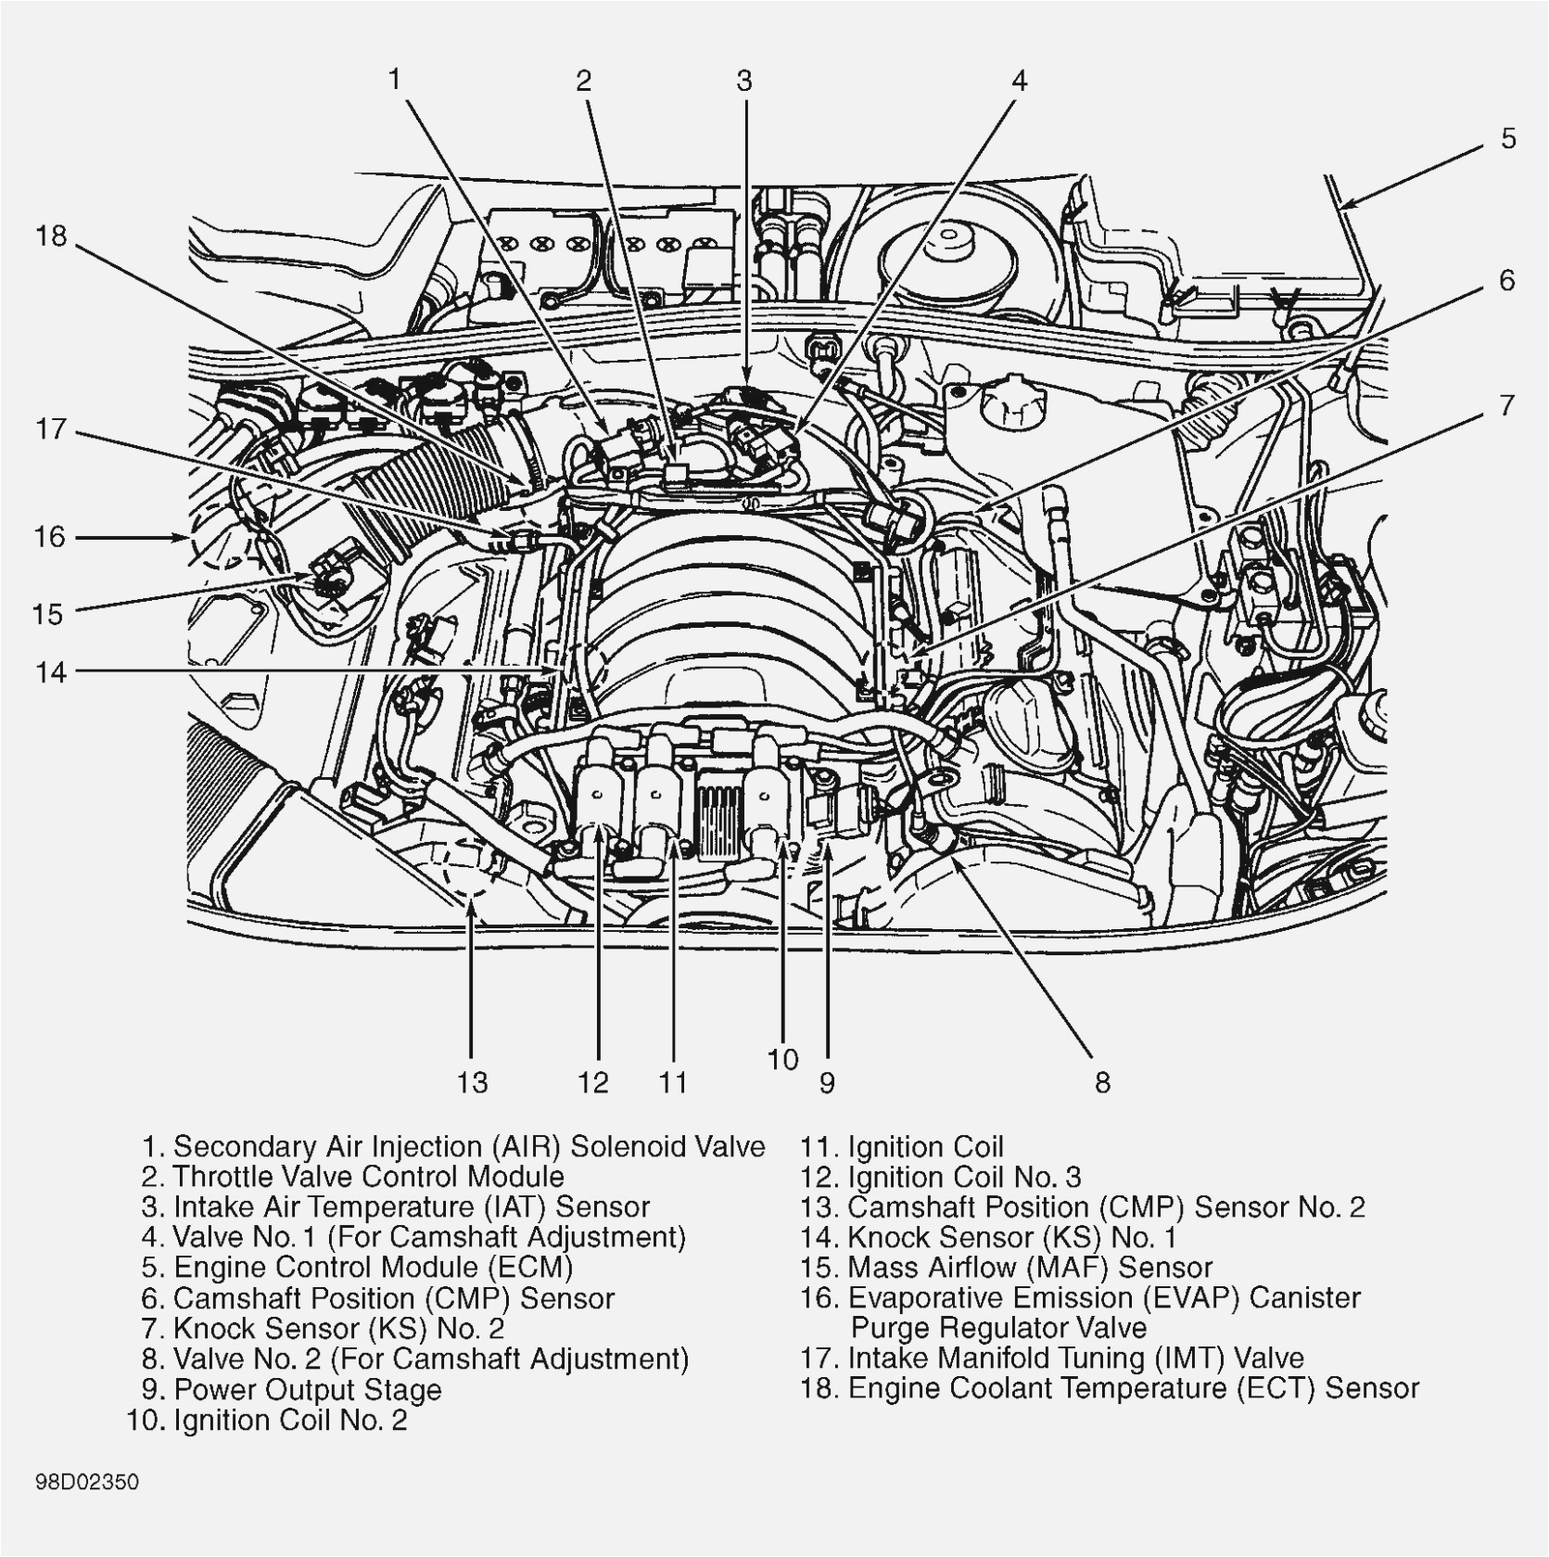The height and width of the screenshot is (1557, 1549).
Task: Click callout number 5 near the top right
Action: [1508, 139]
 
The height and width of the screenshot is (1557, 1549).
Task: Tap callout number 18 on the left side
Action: [52, 236]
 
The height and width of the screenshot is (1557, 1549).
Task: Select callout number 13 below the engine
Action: [471, 1082]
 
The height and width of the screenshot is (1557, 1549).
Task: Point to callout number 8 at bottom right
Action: [1102, 1082]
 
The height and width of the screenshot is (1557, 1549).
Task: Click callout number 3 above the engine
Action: [744, 82]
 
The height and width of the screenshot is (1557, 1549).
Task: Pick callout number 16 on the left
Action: [50, 537]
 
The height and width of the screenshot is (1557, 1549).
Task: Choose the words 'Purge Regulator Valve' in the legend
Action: [998, 1328]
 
